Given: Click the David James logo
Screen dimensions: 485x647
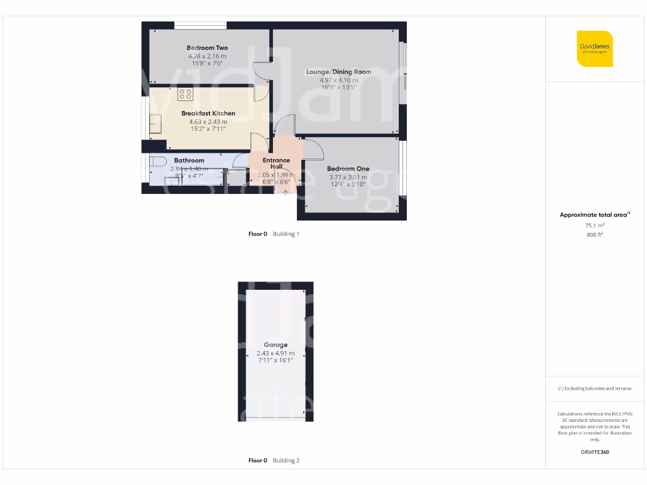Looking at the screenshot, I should point(595,49).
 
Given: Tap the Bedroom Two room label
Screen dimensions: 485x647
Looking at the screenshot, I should point(207,48).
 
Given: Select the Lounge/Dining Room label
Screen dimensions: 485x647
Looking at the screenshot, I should point(339,72).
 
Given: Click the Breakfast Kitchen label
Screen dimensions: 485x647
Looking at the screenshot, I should point(209,114).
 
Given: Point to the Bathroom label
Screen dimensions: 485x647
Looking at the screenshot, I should point(190,160).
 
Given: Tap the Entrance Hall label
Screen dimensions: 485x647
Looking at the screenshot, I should point(276,164).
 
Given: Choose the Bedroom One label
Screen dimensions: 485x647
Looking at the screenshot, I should point(348,169).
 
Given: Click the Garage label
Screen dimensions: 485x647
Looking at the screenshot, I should point(275,345).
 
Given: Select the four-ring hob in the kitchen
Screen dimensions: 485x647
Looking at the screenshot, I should point(185,95).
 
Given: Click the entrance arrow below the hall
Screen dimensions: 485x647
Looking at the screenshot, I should point(286,191).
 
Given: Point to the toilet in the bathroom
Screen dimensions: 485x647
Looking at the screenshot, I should point(157,161).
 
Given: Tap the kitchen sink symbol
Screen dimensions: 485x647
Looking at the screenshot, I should point(155,124).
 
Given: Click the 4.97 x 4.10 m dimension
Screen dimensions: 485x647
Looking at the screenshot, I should point(339,80).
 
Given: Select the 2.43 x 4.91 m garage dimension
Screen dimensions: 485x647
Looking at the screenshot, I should point(275,353).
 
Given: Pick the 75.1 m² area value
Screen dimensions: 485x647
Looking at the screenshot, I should point(595,225).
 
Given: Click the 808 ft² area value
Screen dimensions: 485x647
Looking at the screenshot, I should point(595,234).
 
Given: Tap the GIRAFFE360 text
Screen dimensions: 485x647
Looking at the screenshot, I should point(595,452).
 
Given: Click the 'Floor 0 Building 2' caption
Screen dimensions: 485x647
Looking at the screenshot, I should point(274,461).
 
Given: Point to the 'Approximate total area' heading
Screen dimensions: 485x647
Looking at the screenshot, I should point(595,215).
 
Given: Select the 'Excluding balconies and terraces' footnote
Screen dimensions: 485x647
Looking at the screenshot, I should point(595,388).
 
